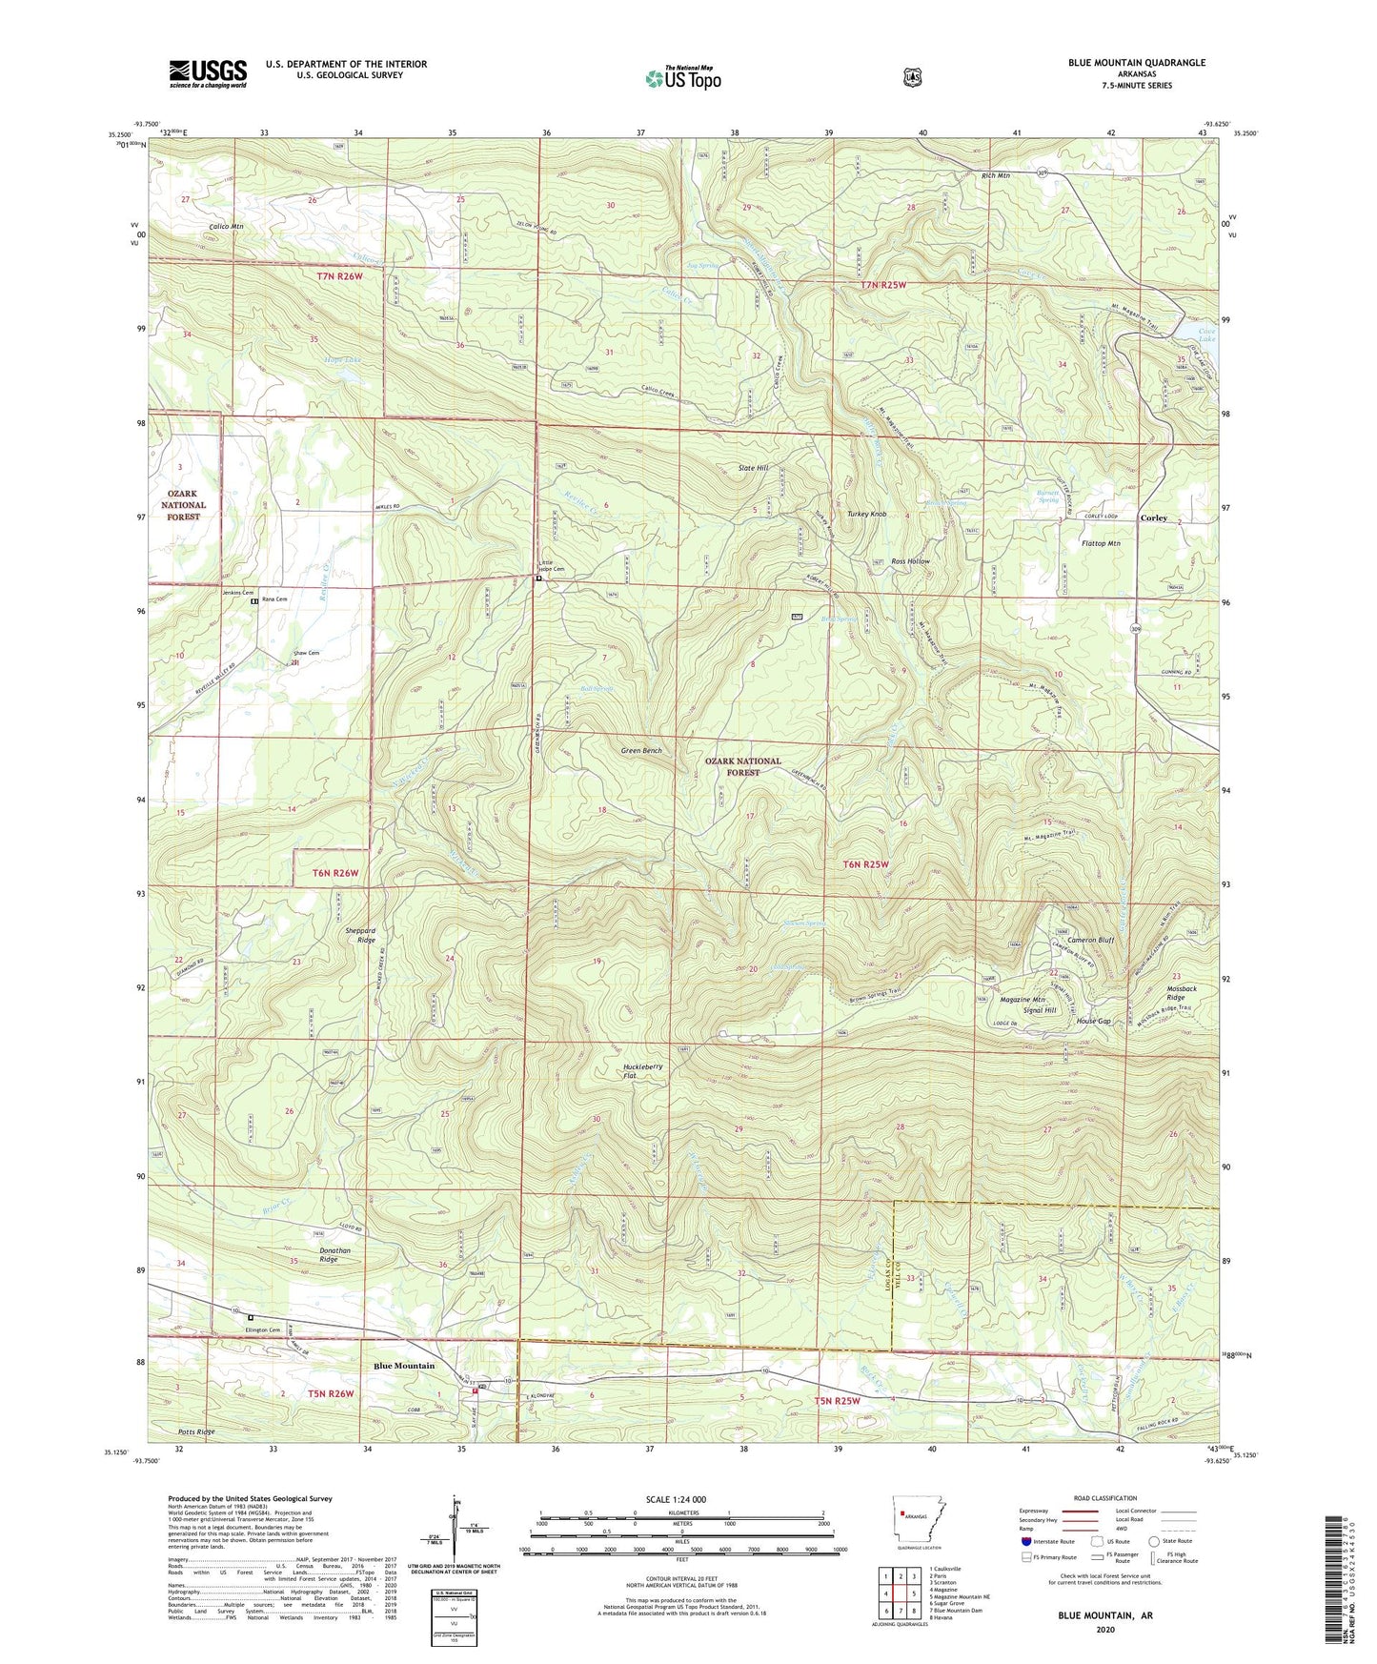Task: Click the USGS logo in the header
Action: [x=208, y=72]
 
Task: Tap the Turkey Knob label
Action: [x=864, y=514]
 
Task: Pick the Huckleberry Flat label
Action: [x=642, y=1071]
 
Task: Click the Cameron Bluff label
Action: [x=1090, y=940]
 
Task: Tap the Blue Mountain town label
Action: [x=404, y=1366]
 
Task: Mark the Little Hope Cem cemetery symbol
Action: [x=538, y=578]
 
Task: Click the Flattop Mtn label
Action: [x=1101, y=543]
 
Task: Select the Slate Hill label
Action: [x=753, y=469]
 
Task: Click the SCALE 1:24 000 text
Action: [x=680, y=1499]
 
